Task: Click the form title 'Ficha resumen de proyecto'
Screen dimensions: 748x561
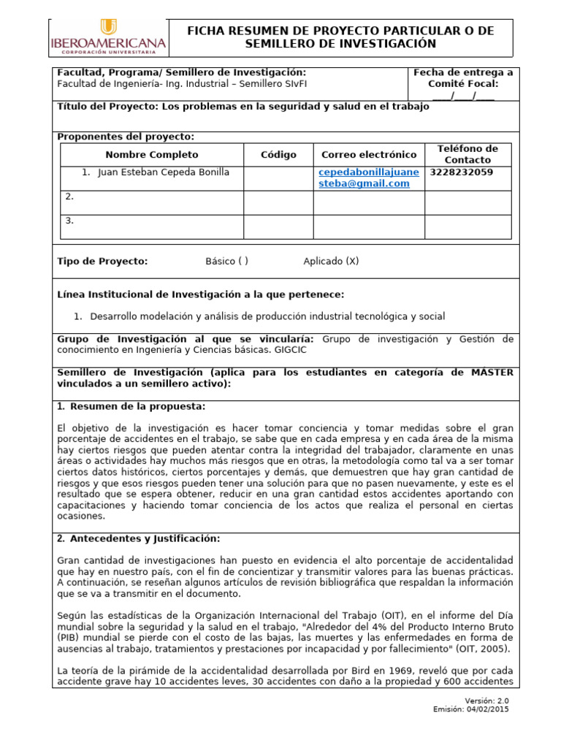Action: (x=341, y=37)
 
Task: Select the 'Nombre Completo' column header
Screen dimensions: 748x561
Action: (x=151, y=155)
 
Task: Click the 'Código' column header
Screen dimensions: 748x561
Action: (x=278, y=155)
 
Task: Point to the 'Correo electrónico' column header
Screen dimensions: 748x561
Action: (x=369, y=155)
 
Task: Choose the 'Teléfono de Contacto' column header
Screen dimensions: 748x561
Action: (x=467, y=154)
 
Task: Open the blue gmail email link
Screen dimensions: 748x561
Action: (x=369, y=178)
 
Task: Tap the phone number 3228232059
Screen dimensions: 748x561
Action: (x=462, y=172)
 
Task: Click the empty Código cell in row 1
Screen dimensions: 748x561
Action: (x=278, y=178)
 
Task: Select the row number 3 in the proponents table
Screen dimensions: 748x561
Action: (x=69, y=220)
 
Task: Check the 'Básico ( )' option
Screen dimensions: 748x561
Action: (x=226, y=262)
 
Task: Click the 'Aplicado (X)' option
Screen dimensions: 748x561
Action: (x=331, y=262)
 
